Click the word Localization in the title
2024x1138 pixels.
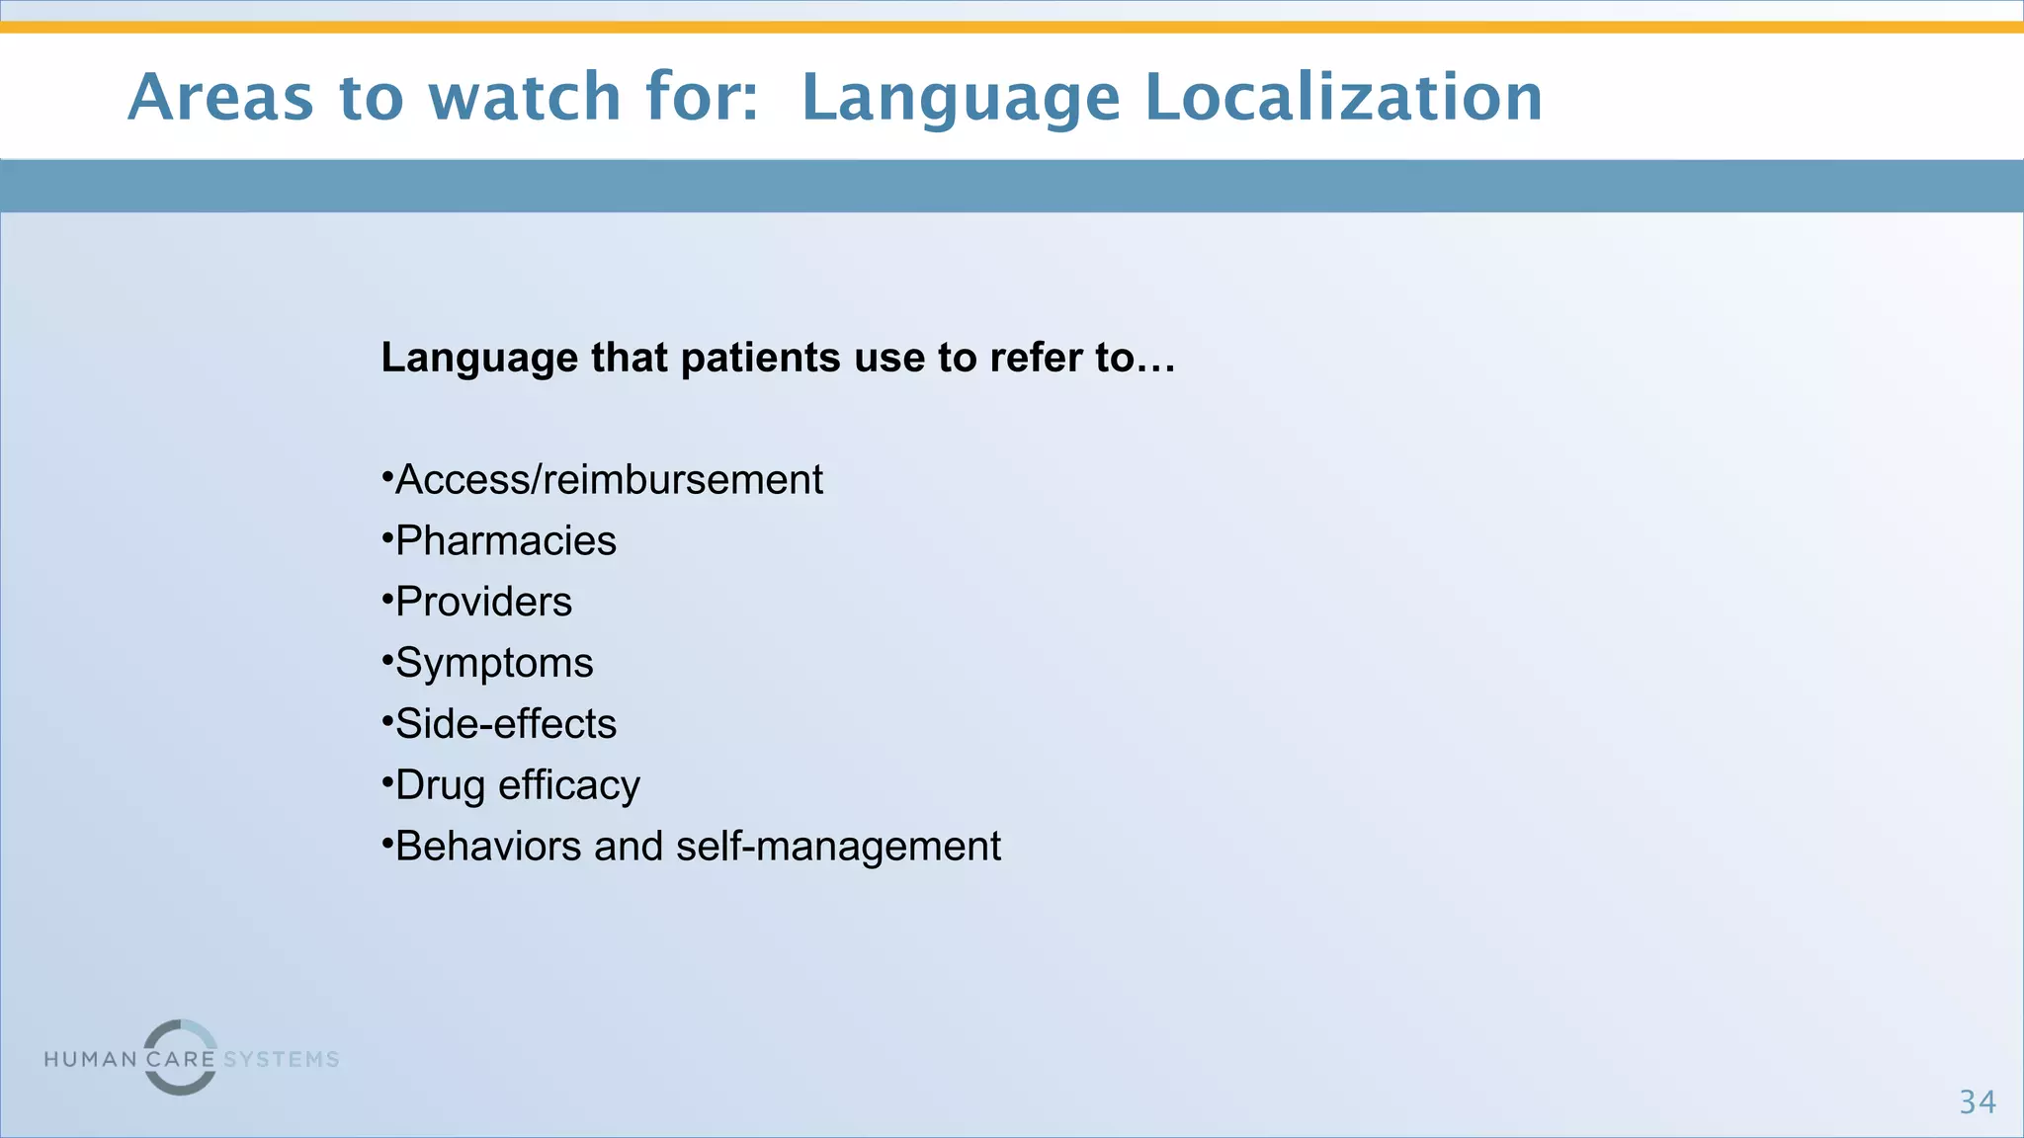tap(1343, 97)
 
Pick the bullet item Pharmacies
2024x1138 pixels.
tap(505, 541)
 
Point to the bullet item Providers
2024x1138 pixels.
tap(483, 603)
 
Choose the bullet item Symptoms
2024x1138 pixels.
tap(494, 664)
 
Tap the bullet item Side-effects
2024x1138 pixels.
tap(505, 724)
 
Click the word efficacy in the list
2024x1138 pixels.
tap(569, 786)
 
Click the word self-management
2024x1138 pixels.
tap(838, 847)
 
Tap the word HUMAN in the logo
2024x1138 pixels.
tap(91, 1060)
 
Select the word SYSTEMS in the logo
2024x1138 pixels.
tap(282, 1060)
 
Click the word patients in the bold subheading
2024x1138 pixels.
tap(761, 358)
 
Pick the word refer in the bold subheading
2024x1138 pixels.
tap(1036, 358)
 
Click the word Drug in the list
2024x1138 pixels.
tap(440, 786)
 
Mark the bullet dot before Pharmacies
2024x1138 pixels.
tap(387, 539)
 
